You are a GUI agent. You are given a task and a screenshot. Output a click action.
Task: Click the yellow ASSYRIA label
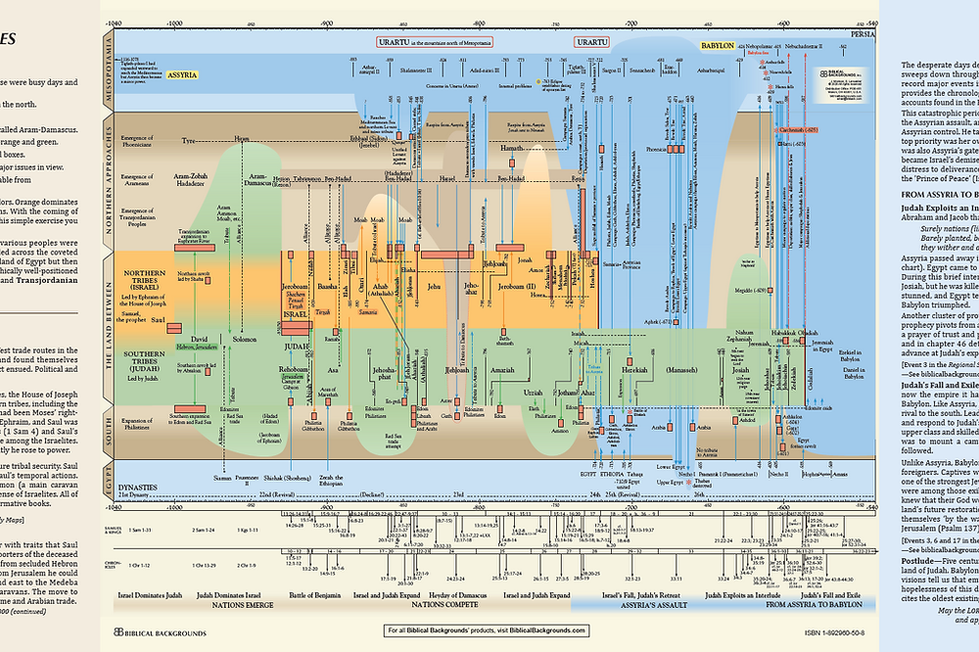[x=182, y=73]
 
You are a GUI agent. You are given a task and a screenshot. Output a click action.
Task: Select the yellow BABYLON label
[x=718, y=46]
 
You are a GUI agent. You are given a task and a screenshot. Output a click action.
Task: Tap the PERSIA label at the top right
[x=862, y=32]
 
